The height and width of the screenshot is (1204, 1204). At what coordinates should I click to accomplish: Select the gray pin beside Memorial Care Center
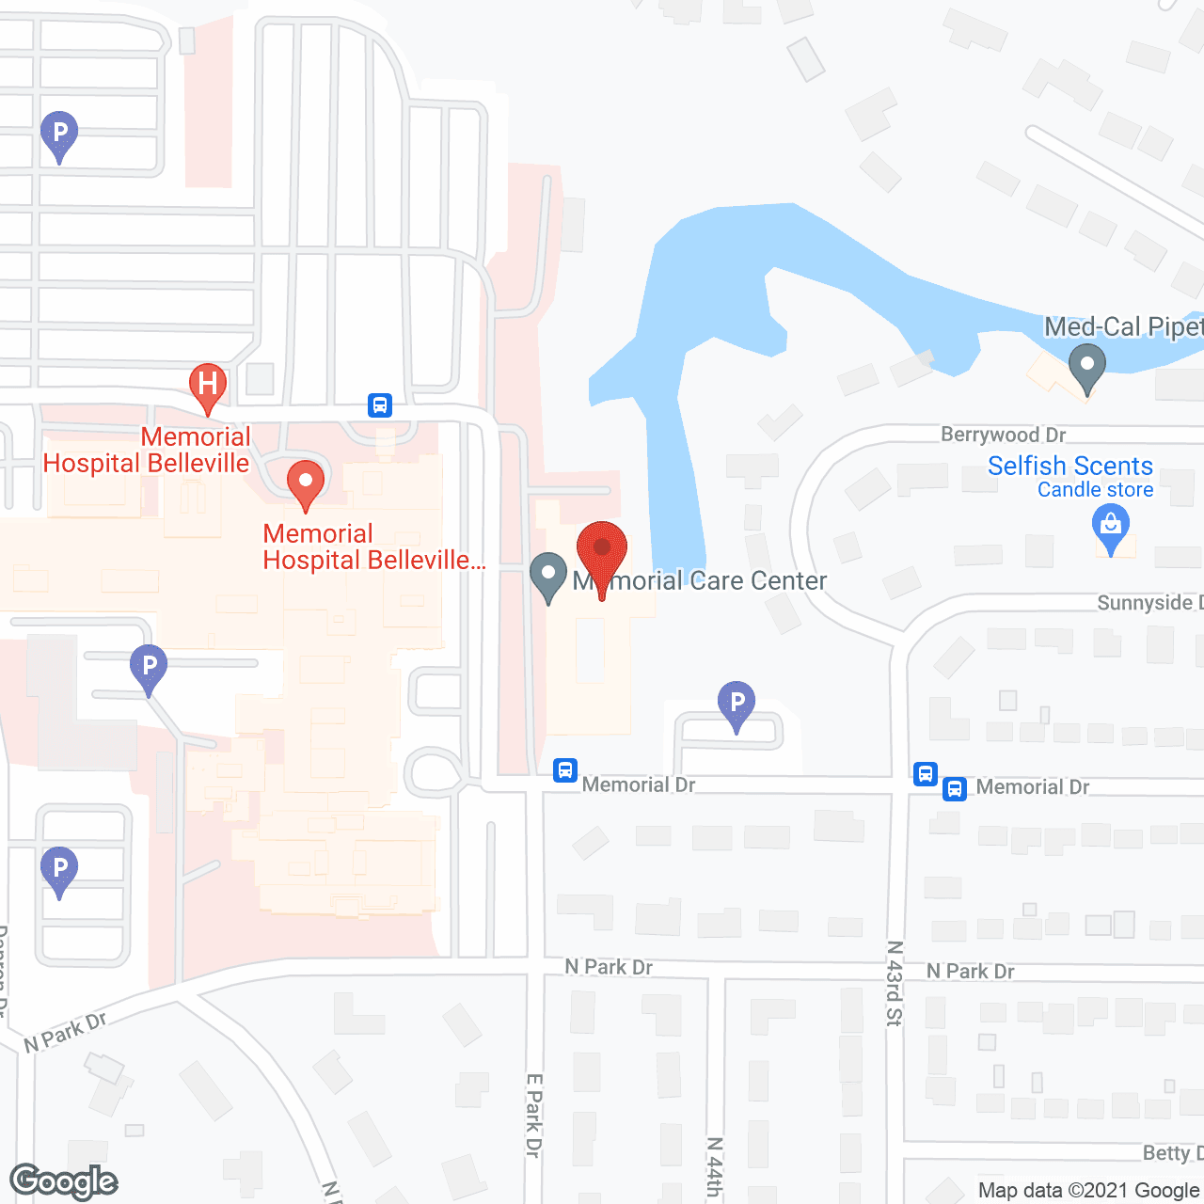click(x=547, y=576)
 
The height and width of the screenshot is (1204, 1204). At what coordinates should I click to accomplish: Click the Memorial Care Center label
click(x=701, y=580)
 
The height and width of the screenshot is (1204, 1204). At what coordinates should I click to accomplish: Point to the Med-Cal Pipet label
click(x=1123, y=326)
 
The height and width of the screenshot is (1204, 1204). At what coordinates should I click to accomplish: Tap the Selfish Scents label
click(x=1069, y=466)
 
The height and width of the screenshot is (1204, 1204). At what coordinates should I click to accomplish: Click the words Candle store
click(x=1095, y=490)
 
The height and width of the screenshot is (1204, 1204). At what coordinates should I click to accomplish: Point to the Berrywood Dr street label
click(x=1003, y=435)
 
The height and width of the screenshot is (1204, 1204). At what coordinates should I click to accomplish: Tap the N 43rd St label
click(x=895, y=982)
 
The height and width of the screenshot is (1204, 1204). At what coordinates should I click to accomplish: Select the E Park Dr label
click(x=534, y=1115)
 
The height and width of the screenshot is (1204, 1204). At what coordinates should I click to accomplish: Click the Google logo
click(x=64, y=1181)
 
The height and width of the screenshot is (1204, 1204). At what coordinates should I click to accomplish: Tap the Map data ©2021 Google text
click(x=1088, y=1190)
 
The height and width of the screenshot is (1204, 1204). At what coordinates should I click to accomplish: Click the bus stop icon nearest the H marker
click(x=379, y=405)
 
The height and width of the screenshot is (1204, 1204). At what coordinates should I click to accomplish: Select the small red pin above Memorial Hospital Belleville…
click(x=305, y=482)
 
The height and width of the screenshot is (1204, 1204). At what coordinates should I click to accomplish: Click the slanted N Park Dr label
click(x=66, y=1031)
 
